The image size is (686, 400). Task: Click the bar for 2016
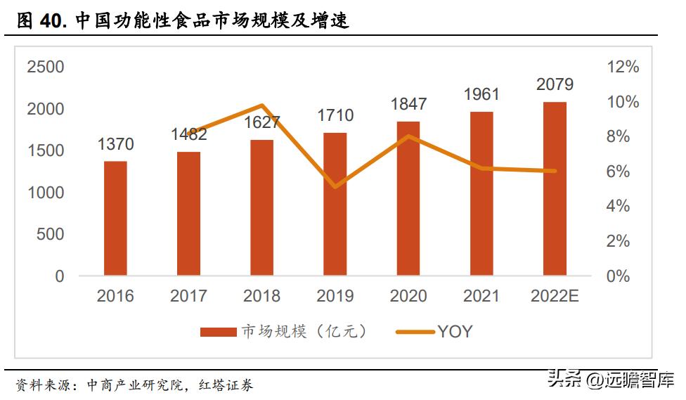coord(115,218)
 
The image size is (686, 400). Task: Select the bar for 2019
coord(335,204)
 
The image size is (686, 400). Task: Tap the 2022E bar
coord(555,188)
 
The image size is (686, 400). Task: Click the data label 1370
coord(115,145)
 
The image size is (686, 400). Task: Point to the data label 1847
coord(408,104)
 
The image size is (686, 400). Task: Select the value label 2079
coord(555,85)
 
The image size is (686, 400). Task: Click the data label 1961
coord(481,94)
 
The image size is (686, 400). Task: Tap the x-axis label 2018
coord(261,296)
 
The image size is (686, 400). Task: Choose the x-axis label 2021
coord(481,296)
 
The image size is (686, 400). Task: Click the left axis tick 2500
coord(45,67)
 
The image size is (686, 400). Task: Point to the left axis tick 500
coord(50,235)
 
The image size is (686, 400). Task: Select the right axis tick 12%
coord(622,67)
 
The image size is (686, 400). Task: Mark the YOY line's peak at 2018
coord(261,105)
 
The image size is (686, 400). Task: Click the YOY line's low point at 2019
coord(335,187)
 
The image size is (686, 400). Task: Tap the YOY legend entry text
coord(455,332)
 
